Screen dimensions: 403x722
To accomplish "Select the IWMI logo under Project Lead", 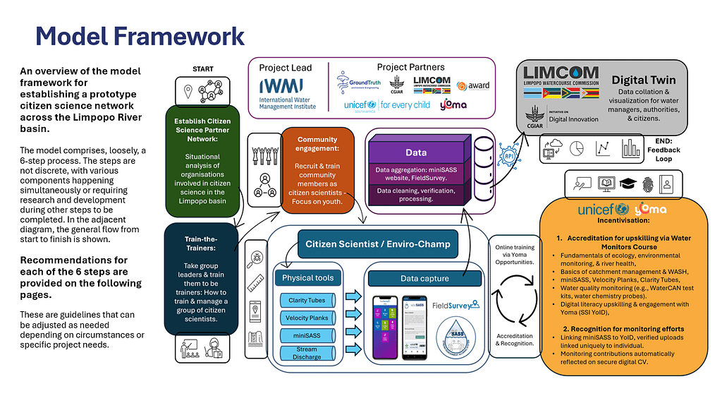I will tap(287, 92).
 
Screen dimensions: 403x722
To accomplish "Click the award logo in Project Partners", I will tap(473, 85).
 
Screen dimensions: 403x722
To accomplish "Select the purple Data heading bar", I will tap(415, 152).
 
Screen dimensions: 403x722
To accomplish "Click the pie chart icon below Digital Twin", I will tap(576, 148).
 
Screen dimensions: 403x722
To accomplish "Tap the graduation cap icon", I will tap(628, 184).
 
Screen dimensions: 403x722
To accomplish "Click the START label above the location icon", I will tap(202, 69).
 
